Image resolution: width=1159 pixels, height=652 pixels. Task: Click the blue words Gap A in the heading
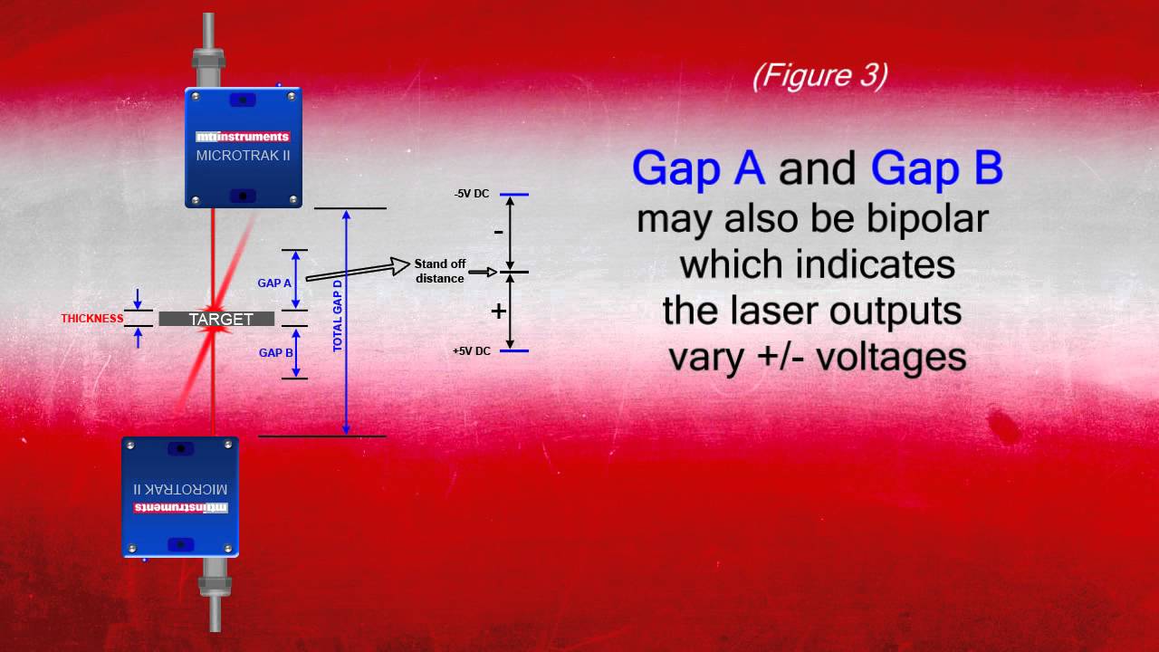coord(698,168)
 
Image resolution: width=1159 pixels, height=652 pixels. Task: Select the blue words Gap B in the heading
coord(936,168)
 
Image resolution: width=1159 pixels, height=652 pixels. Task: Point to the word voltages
coord(891,357)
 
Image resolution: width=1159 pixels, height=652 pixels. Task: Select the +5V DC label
coord(472,350)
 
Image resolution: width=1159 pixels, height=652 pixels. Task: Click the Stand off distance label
coord(439,271)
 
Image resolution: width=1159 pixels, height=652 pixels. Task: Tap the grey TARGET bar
coord(217,319)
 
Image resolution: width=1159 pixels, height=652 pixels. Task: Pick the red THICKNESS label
coord(91,319)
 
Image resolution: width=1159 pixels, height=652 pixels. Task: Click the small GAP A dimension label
coord(274,283)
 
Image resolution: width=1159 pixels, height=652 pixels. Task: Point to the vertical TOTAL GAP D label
coord(338,316)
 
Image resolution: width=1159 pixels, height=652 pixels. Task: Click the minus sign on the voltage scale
coord(498,232)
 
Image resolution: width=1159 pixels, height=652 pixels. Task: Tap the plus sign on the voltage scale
coord(498,312)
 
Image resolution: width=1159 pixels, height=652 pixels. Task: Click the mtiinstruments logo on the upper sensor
coord(243,137)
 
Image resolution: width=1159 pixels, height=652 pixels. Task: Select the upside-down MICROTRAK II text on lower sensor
coord(180,488)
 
